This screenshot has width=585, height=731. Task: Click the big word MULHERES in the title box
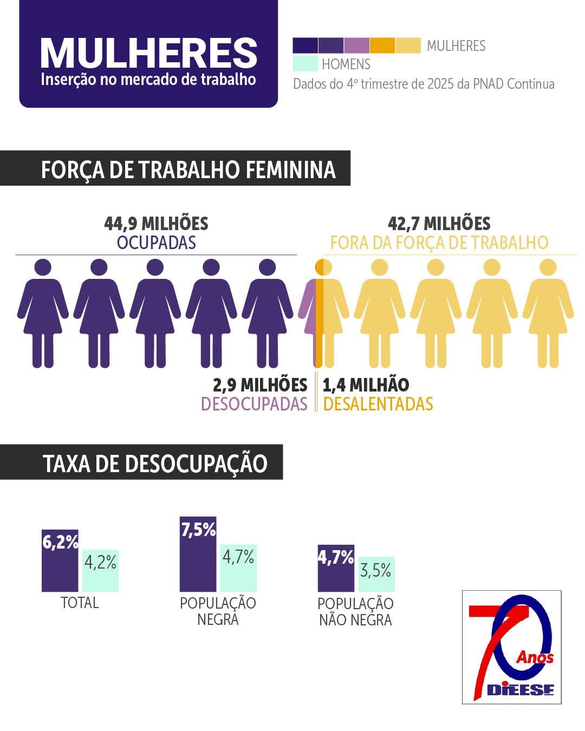tap(148, 53)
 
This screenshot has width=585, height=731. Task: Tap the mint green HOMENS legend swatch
tap(305, 63)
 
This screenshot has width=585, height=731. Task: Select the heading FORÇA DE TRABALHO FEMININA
tap(188, 169)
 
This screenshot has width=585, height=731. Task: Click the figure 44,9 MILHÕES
tap(156, 224)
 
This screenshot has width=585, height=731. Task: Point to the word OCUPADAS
tap(156, 243)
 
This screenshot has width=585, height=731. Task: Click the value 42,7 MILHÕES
tap(439, 224)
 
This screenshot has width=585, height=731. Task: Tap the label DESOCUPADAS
tap(253, 404)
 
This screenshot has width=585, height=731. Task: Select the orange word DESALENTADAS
tap(378, 404)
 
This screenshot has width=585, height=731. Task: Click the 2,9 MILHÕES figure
tap(260, 385)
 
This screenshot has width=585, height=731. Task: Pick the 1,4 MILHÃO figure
tap(366, 385)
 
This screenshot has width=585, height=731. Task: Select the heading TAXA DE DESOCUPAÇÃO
tap(155, 464)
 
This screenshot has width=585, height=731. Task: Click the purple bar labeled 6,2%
tap(60, 563)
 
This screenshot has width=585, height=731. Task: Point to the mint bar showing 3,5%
tap(376, 574)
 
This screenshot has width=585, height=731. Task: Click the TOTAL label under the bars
tap(80, 603)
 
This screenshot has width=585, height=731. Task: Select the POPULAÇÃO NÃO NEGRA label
tap(355, 611)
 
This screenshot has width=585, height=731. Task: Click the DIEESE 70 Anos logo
tap(511, 647)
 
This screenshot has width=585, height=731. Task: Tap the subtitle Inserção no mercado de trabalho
tap(148, 79)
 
